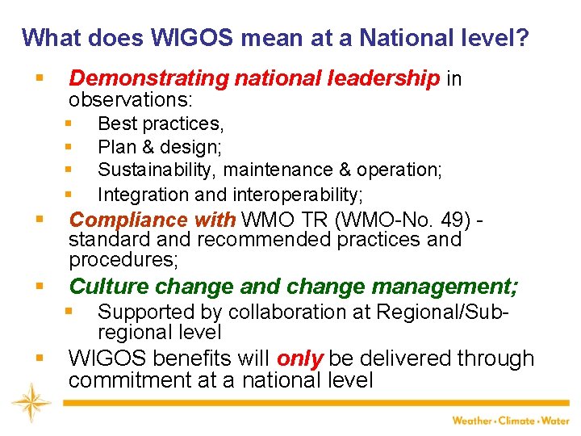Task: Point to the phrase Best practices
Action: click(x=161, y=124)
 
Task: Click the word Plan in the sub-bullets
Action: click(x=115, y=147)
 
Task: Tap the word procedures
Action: click(x=123, y=259)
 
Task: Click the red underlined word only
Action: click(x=300, y=358)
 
